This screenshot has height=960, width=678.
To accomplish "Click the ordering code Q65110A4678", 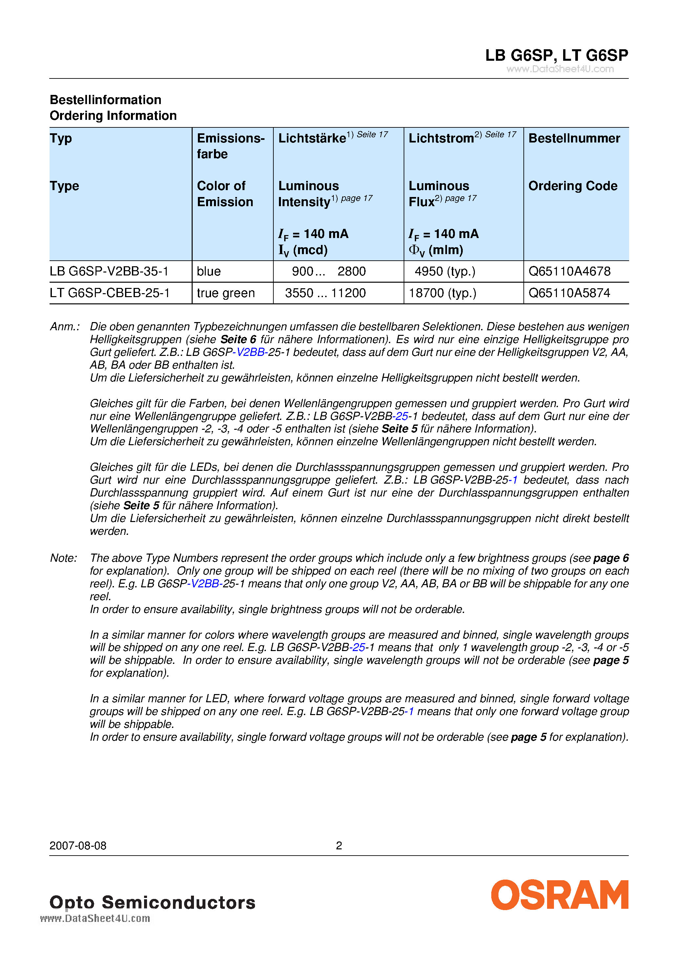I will [569, 272].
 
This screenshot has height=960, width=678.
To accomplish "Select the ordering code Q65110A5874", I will [569, 293].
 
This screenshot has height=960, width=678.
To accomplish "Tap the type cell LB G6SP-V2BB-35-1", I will [109, 272].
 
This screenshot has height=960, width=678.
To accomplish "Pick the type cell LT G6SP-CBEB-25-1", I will [110, 293].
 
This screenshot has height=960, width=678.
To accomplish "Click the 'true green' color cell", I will [226, 293].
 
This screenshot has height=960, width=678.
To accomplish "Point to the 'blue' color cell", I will [209, 272].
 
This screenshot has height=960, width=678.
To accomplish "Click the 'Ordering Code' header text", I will [572, 185].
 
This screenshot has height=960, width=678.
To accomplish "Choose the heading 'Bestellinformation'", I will [105, 99].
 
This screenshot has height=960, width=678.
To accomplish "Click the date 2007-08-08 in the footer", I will [78, 845].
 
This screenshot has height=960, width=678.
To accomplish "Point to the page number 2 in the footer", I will [339, 845].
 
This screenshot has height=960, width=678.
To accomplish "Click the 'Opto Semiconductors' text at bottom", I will [152, 902].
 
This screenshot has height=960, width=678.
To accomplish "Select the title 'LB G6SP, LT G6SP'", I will [556, 55].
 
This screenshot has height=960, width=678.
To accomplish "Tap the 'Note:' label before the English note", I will [64, 558].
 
